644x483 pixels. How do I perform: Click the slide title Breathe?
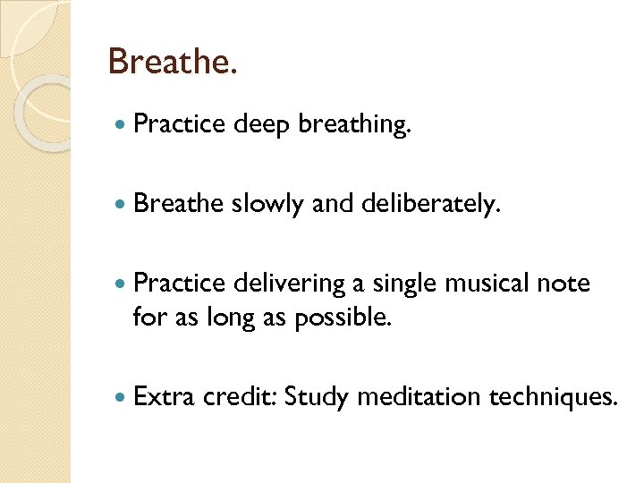[x=173, y=62]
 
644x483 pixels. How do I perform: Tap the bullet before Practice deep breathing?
[x=120, y=125]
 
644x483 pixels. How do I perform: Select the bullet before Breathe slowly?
[x=120, y=204]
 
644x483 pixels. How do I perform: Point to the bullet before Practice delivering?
[x=120, y=284]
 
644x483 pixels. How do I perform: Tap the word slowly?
[x=268, y=206]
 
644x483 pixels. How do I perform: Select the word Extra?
[x=163, y=395]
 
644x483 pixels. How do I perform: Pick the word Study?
[x=316, y=396]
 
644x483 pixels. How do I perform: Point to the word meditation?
[x=419, y=395]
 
